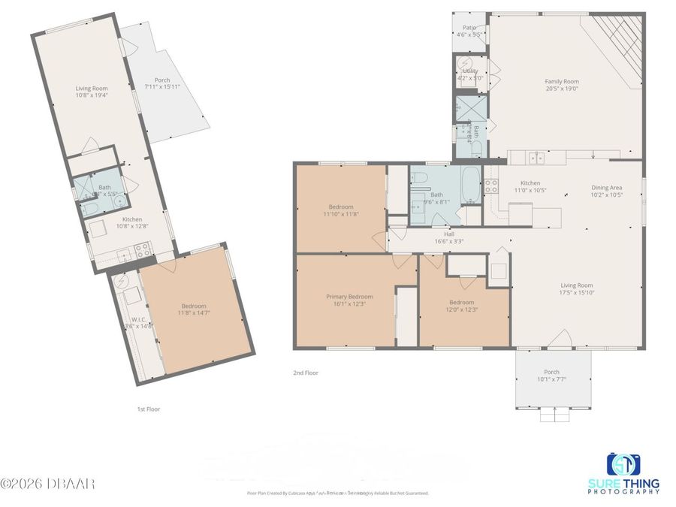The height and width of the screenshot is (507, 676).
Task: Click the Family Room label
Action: point(562,81)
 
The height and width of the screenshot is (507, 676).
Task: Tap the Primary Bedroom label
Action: point(349,297)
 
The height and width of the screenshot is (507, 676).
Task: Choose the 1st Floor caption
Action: point(148,409)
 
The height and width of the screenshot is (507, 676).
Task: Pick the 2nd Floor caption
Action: point(306,373)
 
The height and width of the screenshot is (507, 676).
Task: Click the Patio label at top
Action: point(469,28)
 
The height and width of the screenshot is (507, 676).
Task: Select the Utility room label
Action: point(470,71)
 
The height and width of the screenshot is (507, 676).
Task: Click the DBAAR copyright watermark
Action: point(47,483)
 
